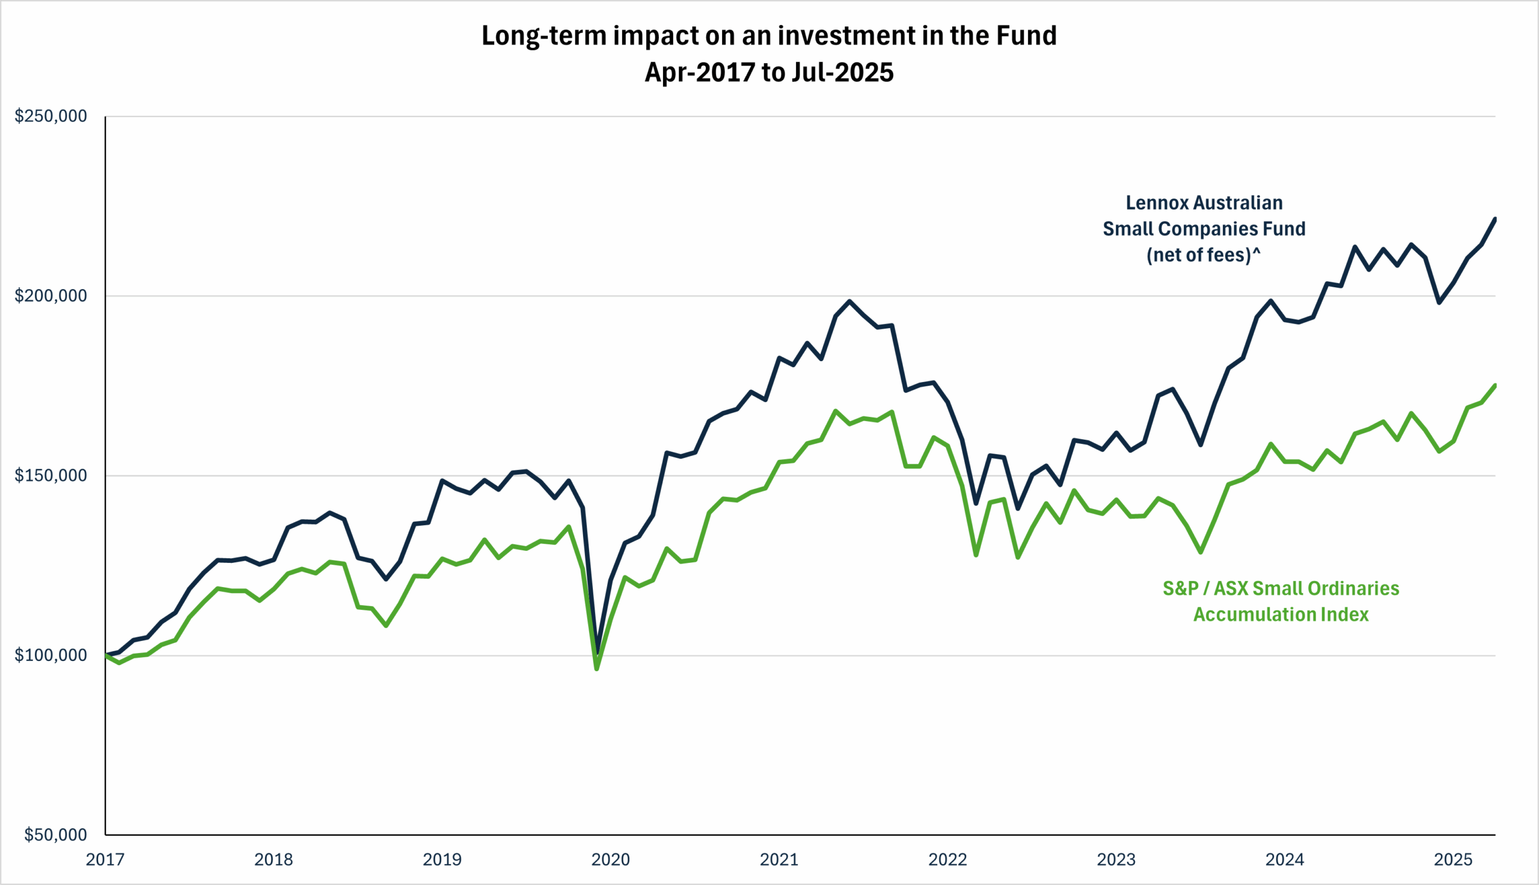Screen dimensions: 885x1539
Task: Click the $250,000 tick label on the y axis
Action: tap(50, 115)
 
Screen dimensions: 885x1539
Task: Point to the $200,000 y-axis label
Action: tap(50, 296)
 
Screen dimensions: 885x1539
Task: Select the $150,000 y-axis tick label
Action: tap(50, 475)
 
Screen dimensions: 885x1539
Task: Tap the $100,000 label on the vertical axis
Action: tap(50, 655)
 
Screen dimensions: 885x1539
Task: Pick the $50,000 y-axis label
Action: tap(55, 835)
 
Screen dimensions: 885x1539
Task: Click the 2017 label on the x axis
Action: tap(105, 860)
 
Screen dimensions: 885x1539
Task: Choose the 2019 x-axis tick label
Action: tap(442, 860)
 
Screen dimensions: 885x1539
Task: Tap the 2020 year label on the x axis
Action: tap(611, 860)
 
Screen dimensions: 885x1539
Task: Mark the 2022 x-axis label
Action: tap(947, 860)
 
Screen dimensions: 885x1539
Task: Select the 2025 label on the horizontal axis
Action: tap(1453, 860)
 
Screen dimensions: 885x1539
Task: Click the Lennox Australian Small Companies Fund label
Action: tap(1204, 215)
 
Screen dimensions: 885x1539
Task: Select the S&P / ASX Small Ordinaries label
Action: tap(1280, 588)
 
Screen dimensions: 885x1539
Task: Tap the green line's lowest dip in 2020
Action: tap(596, 669)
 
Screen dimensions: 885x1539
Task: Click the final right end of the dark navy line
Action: tap(1495, 219)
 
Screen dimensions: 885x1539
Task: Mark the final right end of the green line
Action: tap(1495, 385)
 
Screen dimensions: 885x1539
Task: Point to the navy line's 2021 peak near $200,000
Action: tap(849, 301)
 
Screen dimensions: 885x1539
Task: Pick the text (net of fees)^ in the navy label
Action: tap(1204, 255)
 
